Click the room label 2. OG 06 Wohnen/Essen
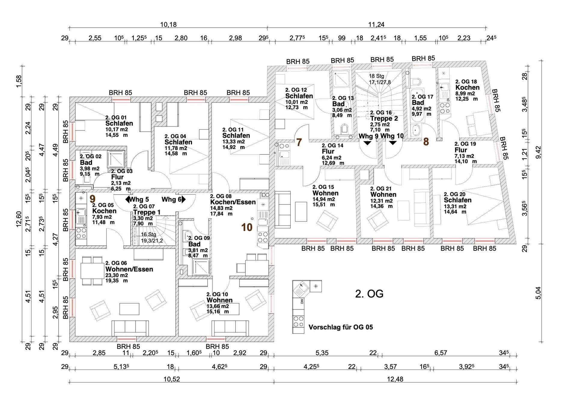point(129,266)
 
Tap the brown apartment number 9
point(93,199)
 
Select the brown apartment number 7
point(299,142)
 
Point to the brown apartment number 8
point(426,142)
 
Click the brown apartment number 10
point(247,227)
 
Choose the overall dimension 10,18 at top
point(168,24)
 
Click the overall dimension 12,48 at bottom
point(395,379)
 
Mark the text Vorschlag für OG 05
point(341,327)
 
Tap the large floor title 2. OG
point(369,294)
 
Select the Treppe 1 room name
point(147,212)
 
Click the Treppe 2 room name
point(384,119)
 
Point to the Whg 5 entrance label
point(139,199)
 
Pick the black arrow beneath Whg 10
point(393,143)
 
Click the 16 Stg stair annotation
point(148,234)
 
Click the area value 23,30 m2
point(117,275)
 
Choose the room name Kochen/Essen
point(233,202)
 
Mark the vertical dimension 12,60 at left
point(19,219)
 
